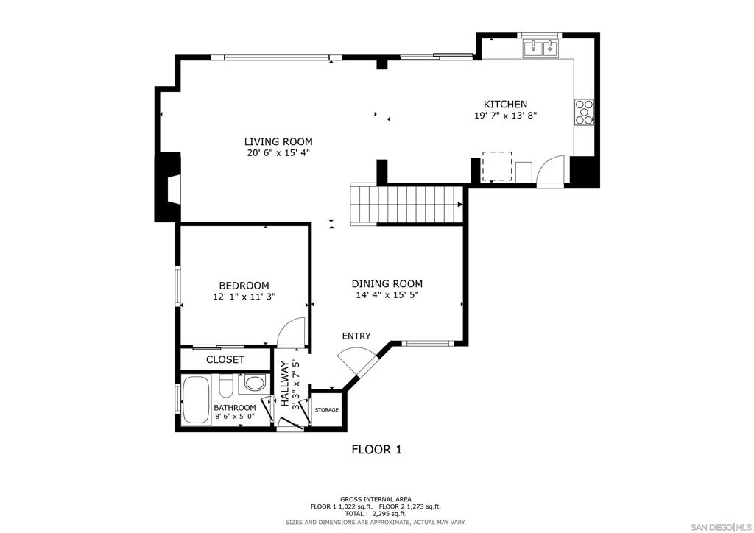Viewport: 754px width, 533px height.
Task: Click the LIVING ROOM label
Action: coord(278,141)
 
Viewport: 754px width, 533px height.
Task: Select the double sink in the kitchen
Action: coord(542,49)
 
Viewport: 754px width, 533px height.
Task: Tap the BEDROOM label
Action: coord(244,286)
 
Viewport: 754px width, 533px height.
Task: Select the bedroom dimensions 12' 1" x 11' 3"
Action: coord(244,297)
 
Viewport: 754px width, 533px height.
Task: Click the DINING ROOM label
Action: coord(387,283)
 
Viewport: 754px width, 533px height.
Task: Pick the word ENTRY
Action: coord(356,336)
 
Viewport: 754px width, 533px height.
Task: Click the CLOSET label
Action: coord(225,360)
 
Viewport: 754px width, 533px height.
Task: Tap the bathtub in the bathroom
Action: coord(196,400)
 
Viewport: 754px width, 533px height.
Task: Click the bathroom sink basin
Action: coord(255,384)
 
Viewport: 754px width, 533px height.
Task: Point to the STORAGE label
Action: coord(327,409)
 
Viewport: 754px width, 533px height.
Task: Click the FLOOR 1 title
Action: coord(376,449)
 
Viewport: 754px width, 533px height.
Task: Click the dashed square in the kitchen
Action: coord(497,166)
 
